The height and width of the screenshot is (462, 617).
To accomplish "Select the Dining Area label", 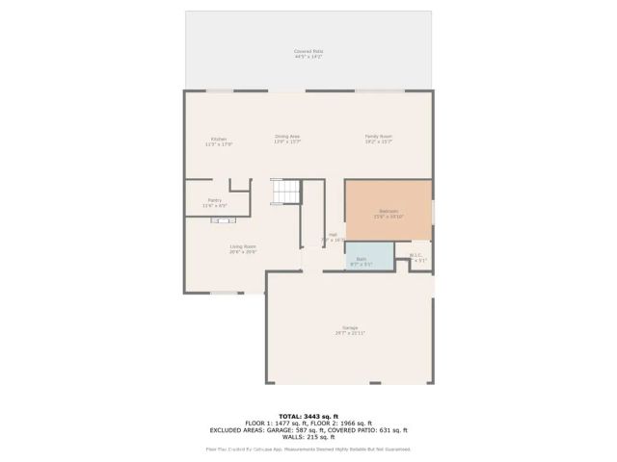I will pos(287,139).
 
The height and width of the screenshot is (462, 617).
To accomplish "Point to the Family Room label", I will pos(378,139).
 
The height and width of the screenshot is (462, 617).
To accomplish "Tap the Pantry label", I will pos(214,202).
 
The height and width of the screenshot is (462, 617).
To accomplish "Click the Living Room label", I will pos(242,248).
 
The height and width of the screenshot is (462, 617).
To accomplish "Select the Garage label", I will pos(349,330).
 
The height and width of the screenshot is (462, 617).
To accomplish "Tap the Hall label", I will pos(333,237).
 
